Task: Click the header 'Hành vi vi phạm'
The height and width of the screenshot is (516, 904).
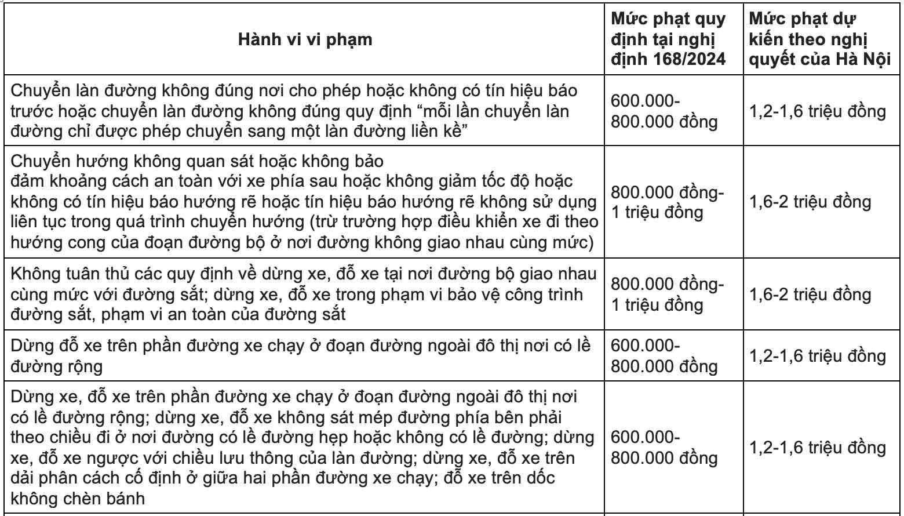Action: [x=305, y=39]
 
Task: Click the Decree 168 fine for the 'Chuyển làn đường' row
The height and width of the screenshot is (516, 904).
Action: [x=664, y=111]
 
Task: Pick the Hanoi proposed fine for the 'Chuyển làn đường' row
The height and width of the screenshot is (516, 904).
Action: [x=818, y=111]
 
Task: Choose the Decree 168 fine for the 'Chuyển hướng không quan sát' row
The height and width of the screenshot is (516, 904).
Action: [x=668, y=202]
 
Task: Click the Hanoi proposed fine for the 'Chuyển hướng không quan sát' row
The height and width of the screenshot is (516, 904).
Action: [x=810, y=202]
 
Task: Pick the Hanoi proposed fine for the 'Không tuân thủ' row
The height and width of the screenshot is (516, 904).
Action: [x=810, y=295]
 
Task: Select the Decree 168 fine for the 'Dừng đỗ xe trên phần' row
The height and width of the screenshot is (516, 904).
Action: [x=664, y=355]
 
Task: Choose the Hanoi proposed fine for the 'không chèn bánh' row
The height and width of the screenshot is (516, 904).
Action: [x=818, y=448]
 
